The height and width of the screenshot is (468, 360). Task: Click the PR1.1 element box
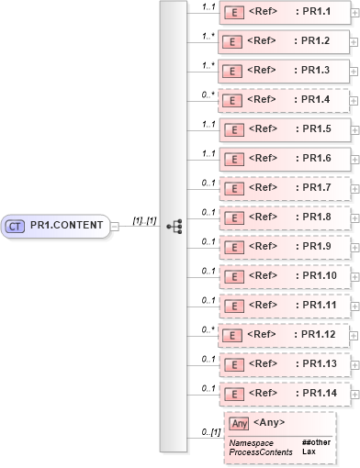click(285, 13)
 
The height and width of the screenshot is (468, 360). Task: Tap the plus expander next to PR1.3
click(355, 71)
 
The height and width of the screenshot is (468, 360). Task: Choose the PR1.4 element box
click(285, 101)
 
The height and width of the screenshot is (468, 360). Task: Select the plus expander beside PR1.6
click(355, 159)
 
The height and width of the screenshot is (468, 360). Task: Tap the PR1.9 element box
click(285, 246)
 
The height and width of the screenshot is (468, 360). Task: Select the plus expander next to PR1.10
click(355, 276)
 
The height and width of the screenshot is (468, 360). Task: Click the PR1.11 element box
click(285, 305)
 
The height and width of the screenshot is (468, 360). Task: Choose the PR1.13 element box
click(285, 363)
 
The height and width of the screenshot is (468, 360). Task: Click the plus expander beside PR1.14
click(355, 394)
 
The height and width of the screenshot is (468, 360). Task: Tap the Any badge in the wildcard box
click(240, 423)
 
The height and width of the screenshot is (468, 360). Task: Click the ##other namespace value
click(317, 443)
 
